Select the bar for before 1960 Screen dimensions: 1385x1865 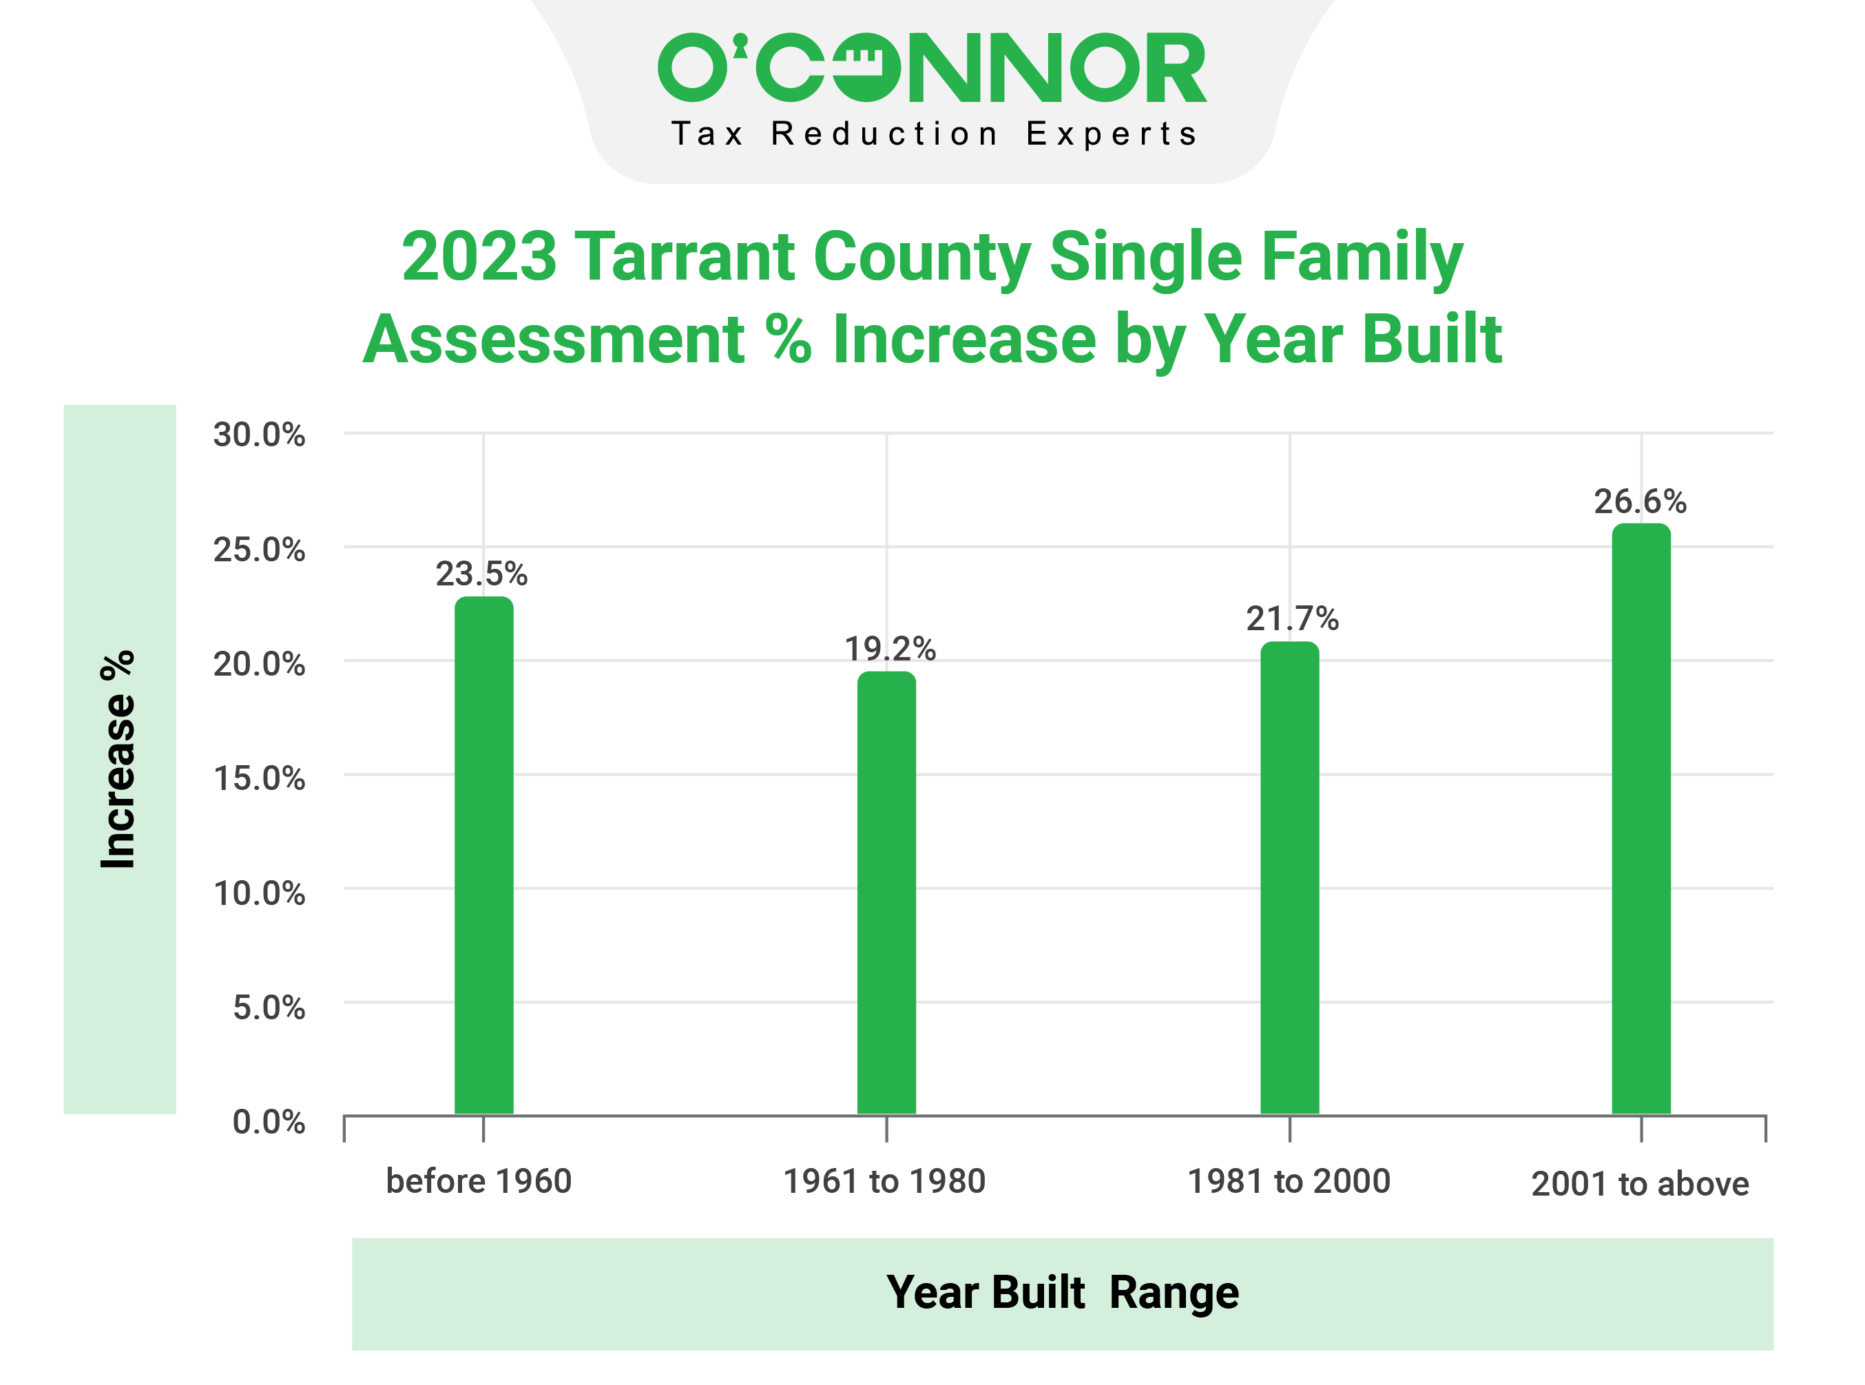coord(483,855)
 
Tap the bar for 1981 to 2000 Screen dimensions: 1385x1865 coord(1289,878)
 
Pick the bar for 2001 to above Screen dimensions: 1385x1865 coord(1640,819)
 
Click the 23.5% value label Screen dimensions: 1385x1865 coord(481,574)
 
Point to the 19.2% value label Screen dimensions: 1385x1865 coord(889,649)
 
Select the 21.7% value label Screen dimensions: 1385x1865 coord(1292,618)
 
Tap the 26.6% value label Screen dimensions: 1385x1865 coord(1640,501)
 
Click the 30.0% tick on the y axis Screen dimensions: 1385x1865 coord(259,435)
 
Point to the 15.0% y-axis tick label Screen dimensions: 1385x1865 coord(259,779)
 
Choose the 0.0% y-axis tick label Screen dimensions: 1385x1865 coord(268,1122)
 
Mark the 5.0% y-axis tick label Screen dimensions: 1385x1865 coord(268,1008)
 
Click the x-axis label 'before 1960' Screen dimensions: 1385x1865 coord(479,1181)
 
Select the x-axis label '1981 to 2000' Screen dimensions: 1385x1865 coord(1289,1181)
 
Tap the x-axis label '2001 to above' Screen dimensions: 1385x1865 coord(1640,1184)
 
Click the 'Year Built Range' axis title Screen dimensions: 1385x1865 coord(1062,1292)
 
